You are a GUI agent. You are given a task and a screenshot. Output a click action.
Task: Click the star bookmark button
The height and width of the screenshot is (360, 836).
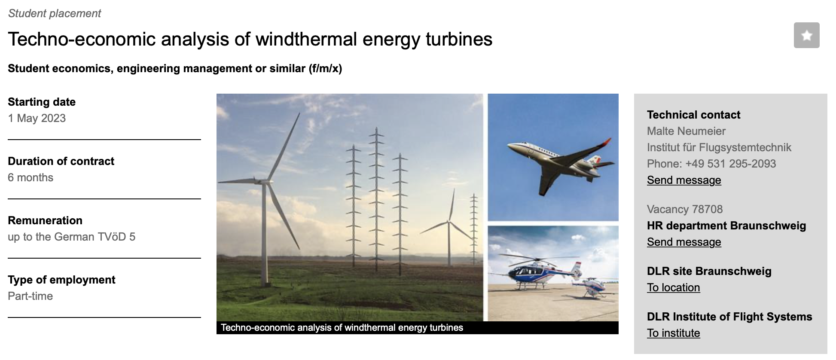click(x=806, y=35)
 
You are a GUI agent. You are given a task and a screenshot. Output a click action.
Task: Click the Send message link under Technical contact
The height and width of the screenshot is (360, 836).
click(x=684, y=180)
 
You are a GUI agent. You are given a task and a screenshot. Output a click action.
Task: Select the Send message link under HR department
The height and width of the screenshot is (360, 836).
click(x=684, y=242)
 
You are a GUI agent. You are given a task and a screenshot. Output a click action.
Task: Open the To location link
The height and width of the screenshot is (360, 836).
click(x=673, y=287)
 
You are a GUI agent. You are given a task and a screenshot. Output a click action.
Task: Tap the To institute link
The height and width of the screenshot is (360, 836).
click(x=673, y=333)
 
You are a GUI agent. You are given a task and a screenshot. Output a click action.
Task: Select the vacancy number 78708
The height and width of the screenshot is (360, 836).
click(x=708, y=209)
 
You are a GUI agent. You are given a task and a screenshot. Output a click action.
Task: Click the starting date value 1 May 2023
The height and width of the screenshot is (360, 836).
click(x=37, y=118)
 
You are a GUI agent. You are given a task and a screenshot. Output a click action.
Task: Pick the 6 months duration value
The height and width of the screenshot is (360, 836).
click(x=31, y=177)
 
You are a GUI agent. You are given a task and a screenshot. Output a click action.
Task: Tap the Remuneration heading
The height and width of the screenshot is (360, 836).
click(x=45, y=220)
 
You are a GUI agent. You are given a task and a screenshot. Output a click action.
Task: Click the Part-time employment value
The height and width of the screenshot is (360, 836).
click(x=30, y=296)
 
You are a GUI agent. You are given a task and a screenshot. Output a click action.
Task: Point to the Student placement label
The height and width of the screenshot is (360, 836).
click(x=55, y=13)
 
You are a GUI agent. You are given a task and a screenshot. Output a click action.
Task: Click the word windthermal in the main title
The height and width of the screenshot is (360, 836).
click(x=306, y=39)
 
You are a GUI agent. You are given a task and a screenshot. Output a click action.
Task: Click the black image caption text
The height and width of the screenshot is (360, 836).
click(x=342, y=328)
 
